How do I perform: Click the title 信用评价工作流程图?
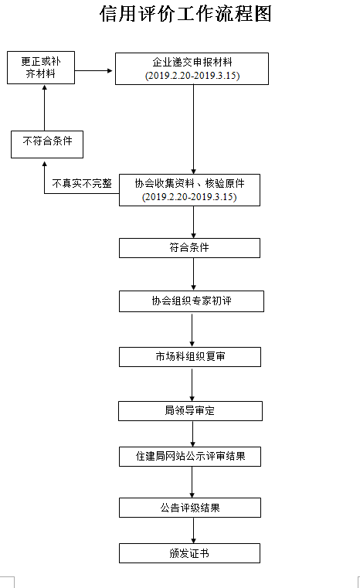185,14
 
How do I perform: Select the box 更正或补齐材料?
41,67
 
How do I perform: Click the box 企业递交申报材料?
192,69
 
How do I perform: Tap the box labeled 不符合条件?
47,144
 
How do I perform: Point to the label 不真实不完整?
82,183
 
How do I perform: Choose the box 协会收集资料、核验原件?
189,190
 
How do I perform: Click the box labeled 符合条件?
189,248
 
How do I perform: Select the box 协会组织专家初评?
192,301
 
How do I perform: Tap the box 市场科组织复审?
190,357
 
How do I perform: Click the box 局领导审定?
190,411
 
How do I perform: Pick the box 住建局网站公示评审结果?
190,457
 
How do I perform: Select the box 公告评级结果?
190,508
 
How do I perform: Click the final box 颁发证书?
189,553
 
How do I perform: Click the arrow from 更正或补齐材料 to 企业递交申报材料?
93,70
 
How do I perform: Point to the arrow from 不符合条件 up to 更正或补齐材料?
45,108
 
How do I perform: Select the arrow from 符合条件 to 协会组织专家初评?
193,274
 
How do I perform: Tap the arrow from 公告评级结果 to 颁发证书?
193,530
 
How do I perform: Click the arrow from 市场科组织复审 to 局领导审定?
192,385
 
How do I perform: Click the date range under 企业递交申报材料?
192,76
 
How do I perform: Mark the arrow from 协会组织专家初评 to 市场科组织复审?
192,331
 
